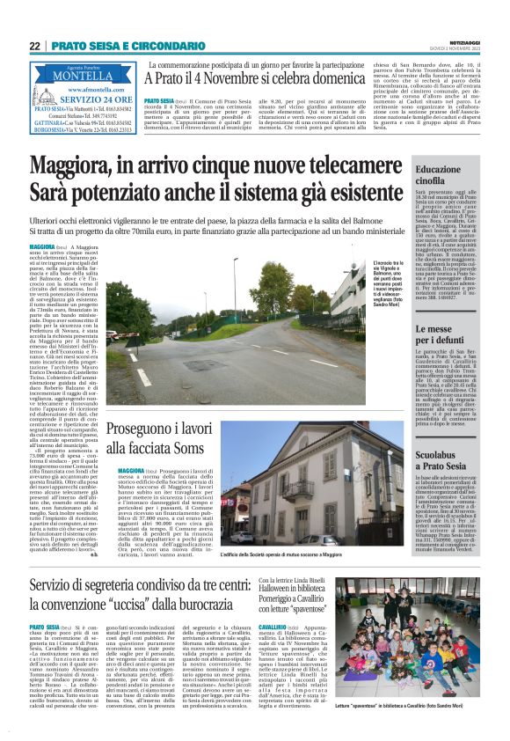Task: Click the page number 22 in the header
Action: coord(34,46)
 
